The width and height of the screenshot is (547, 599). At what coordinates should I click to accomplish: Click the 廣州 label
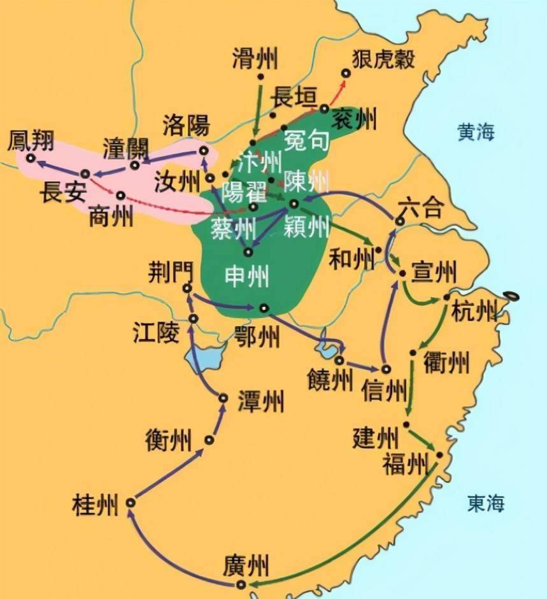click(x=246, y=565)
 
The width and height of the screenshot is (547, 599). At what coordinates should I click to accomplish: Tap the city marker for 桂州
click(x=130, y=503)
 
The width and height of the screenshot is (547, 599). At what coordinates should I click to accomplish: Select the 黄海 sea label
click(x=475, y=132)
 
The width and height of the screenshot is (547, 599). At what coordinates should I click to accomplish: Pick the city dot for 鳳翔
click(x=30, y=157)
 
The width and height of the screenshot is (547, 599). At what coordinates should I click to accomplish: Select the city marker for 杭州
click(x=446, y=298)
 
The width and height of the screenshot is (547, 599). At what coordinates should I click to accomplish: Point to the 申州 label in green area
click(x=247, y=275)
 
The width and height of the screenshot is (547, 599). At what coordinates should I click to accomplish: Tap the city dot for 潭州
click(x=223, y=398)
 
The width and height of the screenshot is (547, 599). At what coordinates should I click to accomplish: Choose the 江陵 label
click(x=156, y=331)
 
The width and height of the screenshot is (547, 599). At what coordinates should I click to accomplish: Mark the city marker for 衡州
click(x=209, y=440)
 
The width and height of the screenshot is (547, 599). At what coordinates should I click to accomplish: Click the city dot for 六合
click(x=399, y=221)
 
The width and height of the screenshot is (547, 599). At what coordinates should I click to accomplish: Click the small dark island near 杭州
click(x=511, y=296)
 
